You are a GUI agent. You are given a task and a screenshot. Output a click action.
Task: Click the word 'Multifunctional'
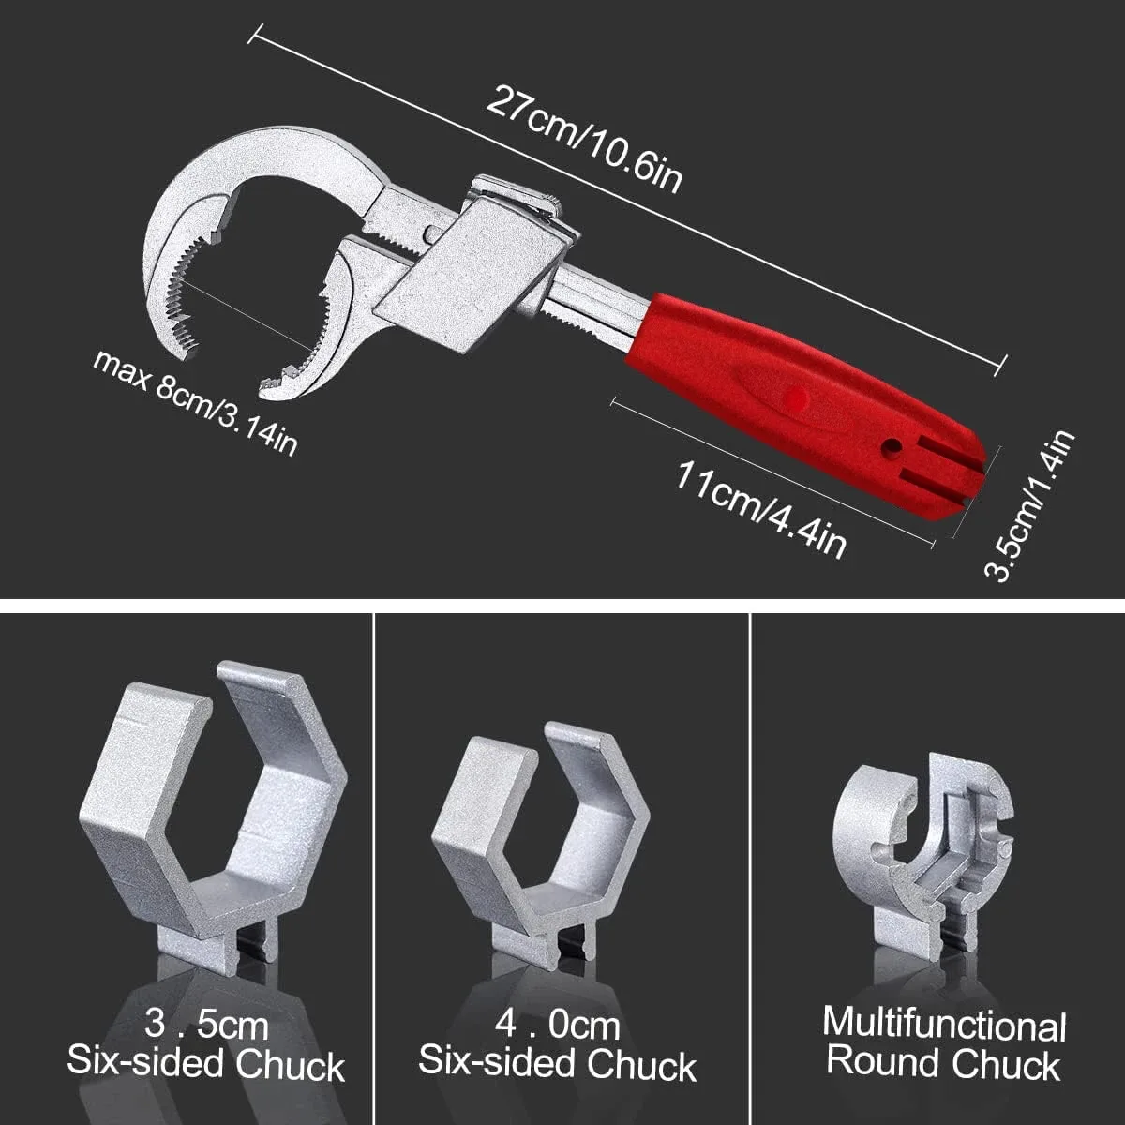(x=943, y=1025)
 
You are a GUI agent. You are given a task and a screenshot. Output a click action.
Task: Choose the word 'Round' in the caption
(x=882, y=1064)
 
